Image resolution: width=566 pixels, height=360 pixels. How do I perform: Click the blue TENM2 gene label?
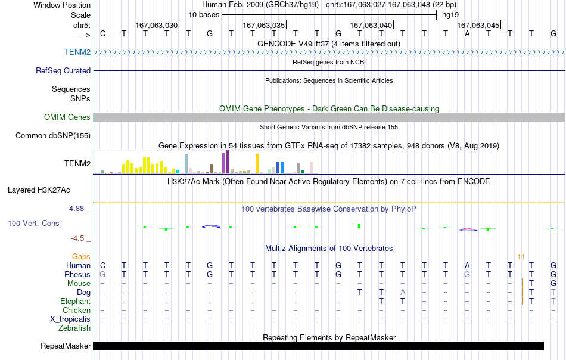pos(77,52)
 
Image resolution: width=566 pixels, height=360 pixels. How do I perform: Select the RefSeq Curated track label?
pos(63,70)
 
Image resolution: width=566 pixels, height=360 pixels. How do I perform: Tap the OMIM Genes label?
pos(67,117)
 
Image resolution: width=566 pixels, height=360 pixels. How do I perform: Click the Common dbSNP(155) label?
pos(52,135)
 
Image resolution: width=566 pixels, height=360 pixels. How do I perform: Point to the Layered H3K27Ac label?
pos(39,190)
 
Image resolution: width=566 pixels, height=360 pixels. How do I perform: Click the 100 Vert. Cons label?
pos(33,223)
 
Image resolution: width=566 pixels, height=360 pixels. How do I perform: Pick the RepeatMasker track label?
pos(66,346)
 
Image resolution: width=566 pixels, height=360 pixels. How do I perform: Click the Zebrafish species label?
pos(74,328)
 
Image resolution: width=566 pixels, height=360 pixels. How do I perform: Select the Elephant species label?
pos(75,301)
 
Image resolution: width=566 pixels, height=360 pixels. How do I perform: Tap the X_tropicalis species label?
pos(70,319)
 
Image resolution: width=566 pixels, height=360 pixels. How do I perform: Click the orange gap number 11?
pos(521,257)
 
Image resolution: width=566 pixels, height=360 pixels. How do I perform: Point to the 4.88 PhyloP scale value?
pos(76,209)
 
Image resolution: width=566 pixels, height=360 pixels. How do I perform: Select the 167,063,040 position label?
pos(371,25)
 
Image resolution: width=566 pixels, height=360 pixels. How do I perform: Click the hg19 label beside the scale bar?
pos(450,15)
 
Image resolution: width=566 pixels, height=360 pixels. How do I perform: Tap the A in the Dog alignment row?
pos(403,293)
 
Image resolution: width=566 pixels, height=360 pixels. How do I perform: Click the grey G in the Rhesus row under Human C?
pos(102,274)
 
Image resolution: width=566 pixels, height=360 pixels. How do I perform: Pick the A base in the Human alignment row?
pos(467,266)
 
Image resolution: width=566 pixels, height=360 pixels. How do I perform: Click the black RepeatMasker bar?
pos(318,346)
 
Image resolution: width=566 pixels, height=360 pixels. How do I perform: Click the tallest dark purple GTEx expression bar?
pos(228,162)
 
